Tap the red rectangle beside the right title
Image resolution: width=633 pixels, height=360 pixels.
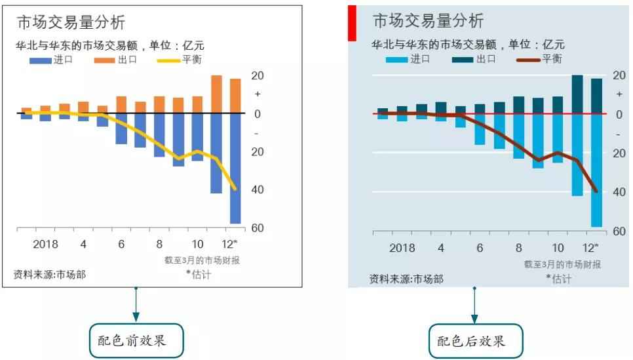coord(351,23)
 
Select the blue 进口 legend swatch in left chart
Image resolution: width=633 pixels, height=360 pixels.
coord(41,60)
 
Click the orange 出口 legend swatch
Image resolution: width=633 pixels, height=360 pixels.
coord(104,60)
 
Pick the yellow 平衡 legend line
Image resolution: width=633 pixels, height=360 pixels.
coord(170,60)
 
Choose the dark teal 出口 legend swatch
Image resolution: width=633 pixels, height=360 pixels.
coord(463,59)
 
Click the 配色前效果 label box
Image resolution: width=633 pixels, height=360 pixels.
coord(136,340)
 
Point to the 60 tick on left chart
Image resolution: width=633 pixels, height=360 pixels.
coord(257,228)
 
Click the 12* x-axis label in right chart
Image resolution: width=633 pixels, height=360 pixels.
coord(590,248)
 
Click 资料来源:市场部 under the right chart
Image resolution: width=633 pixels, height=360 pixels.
coord(406,279)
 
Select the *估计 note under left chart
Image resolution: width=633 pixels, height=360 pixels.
coord(197,274)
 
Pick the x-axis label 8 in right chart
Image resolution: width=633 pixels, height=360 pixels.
coord(518,248)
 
